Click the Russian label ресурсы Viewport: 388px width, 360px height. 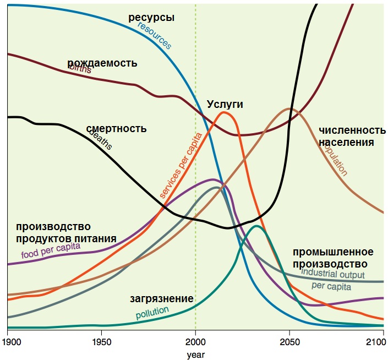tap(151, 18)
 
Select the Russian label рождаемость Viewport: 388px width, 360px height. tap(102, 63)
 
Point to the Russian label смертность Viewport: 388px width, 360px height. tap(116, 129)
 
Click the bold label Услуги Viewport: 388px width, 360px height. tap(225, 104)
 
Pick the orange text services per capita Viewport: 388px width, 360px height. tap(181, 165)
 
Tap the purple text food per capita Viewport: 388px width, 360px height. tap(51, 251)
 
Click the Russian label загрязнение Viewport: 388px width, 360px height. tap(161, 299)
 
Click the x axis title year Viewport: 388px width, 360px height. tap(195, 354)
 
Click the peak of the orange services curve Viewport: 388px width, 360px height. tap(224, 113)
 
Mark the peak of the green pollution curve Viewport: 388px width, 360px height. tap(256, 226)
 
